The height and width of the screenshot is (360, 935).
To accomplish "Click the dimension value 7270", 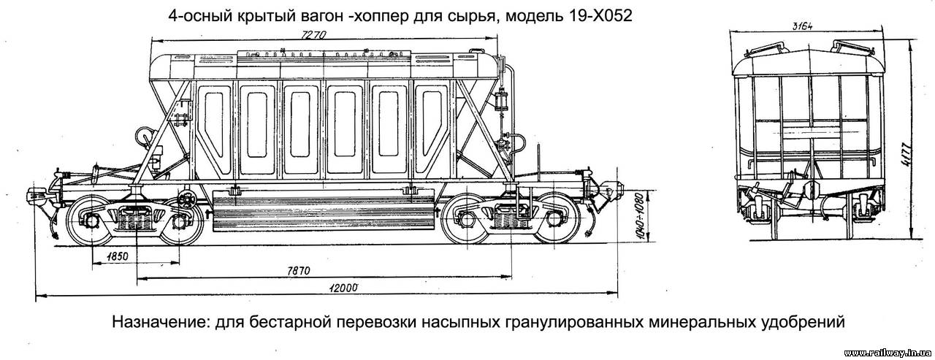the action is [x=313, y=34].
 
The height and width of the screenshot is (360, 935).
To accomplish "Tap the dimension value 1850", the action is [x=117, y=256].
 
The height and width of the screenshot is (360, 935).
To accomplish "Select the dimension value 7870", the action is [x=299, y=271].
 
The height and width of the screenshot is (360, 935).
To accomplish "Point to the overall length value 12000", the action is [x=343, y=288].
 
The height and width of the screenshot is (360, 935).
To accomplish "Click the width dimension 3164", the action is [x=802, y=27].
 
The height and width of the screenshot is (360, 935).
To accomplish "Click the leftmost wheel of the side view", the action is [x=91, y=221].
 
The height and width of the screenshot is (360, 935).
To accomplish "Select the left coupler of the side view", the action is [x=39, y=196].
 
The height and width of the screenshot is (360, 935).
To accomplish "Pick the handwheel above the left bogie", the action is [x=188, y=200].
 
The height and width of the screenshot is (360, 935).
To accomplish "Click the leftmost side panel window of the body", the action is [x=213, y=129].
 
